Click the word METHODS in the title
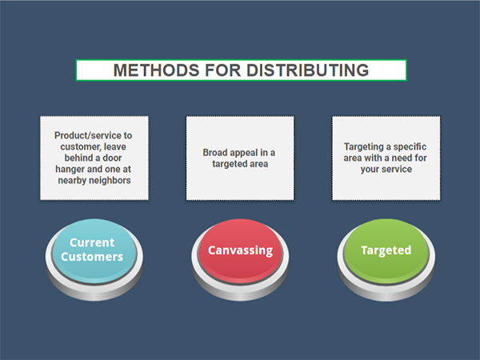tap(156, 70)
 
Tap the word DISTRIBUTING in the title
tap(308, 70)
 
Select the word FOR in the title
tap(223, 70)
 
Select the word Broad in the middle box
tap(214, 153)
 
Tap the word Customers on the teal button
tap(92, 257)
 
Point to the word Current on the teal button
tap(92, 242)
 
